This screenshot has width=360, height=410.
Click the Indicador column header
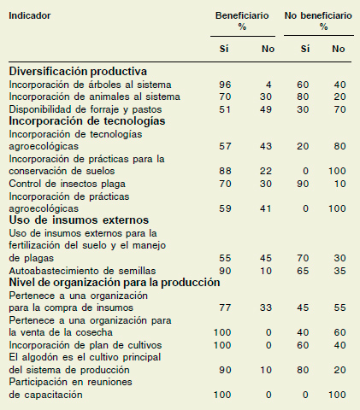[30, 15]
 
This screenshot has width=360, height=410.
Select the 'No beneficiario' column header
[318, 15]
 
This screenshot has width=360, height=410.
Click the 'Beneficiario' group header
[242, 15]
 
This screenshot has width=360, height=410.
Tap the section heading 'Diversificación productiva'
[78, 71]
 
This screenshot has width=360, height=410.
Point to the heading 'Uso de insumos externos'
[79, 220]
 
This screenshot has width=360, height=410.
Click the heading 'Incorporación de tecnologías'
[87, 121]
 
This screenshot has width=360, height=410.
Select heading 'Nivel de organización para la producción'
[115, 283]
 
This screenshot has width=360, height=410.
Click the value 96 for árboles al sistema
[225, 85]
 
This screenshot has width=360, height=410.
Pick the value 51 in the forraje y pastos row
[225, 109]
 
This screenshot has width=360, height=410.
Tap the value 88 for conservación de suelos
[225, 171]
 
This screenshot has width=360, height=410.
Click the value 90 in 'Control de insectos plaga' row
[303, 184]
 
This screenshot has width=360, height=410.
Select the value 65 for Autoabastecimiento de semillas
[303, 271]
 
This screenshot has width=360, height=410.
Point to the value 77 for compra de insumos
[225, 307]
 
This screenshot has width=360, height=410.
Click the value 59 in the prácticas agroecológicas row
[225, 208]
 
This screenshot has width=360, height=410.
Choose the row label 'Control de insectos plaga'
[67, 184]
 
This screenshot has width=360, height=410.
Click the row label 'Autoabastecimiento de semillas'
[82, 271]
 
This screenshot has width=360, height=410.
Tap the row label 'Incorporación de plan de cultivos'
[86, 345]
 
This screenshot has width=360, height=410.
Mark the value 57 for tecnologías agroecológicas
[225, 146]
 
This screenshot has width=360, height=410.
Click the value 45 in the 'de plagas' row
[265, 258]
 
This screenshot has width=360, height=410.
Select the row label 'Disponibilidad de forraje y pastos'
[86, 109]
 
